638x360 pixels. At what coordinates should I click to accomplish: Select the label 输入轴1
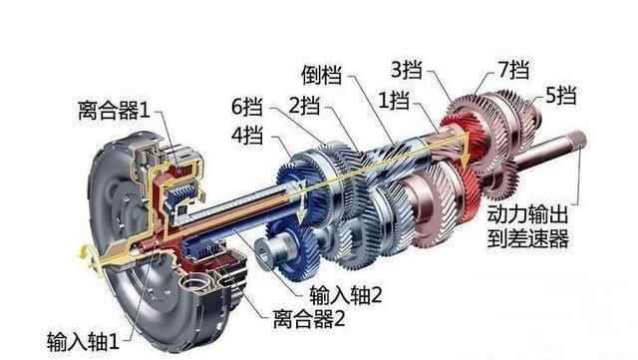tap(83, 341)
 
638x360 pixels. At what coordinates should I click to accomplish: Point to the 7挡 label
tap(513, 71)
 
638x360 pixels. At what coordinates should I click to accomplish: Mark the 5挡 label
tap(562, 96)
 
